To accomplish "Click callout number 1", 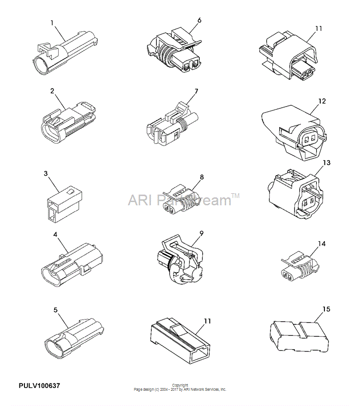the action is tap(52, 23).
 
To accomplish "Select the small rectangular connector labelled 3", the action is tap(65, 205).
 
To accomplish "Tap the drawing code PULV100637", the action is tap(39, 386).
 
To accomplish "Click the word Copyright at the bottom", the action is tap(180, 385).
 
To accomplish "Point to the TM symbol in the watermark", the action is tap(235, 196).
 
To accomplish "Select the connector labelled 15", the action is tap(299, 336).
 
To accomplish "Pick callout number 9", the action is tap(201, 233).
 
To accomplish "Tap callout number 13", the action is tap(327, 162).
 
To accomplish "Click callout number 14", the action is tap(322, 244).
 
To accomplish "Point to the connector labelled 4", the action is tap(72, 264).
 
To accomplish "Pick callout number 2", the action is tap(52, 91).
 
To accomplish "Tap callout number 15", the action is tap(326, 309).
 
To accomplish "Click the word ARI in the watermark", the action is tap(139, 200).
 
